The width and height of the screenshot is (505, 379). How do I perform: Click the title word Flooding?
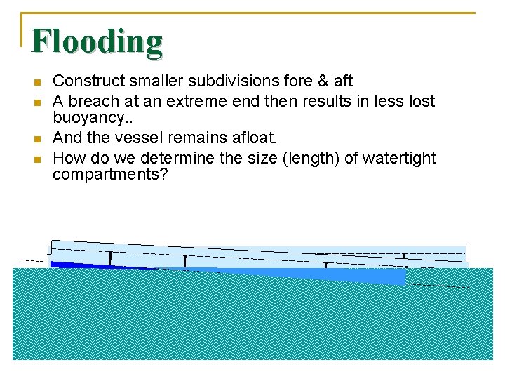click(x=97, y=41)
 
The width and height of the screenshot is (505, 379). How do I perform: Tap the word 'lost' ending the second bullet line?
click(x=422, y=101)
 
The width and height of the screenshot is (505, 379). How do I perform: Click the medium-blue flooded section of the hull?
click(x=316, y=274)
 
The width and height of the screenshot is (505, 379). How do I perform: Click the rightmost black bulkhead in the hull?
click(x=403, y=258)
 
